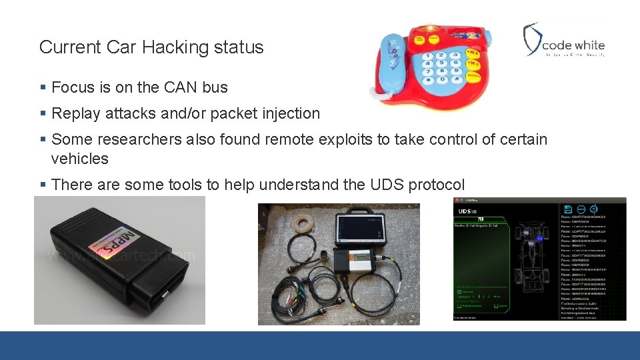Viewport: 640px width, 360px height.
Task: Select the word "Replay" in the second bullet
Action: pyautogui.click(x=74, y=114)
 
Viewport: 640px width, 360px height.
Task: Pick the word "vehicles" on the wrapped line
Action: pyautogui.click(x=79, y=159)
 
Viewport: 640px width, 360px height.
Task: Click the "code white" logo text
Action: pyautogui.click(x=573, y=46)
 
